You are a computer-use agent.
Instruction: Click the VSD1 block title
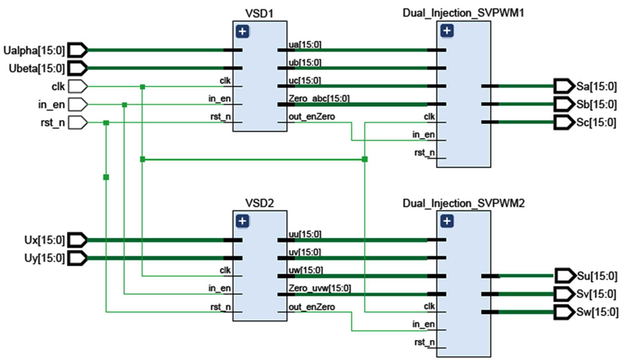(x=259, y=13)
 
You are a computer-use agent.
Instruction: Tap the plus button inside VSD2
(x=242, y=221)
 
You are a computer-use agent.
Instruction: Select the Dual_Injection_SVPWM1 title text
(x=463, y=13)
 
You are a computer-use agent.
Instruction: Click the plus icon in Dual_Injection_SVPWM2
(x=447, y=221)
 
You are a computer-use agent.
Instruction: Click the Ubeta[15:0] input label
(x=37, y=68)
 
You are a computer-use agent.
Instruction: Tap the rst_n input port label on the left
(x=52, y=123)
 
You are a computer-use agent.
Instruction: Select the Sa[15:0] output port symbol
(x=564, y=86)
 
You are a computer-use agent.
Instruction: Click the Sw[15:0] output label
(x=597, y=312)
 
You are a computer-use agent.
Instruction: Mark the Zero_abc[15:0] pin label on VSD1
(x=319, y=99)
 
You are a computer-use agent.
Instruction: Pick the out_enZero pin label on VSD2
(x=312, y=307)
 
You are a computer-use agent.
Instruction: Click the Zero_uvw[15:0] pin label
(x=319, y=288)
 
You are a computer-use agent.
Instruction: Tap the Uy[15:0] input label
(x=44, y=258)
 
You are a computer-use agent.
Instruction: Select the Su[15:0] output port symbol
(x=565, y=276)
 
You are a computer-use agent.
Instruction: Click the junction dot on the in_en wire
(x=124, y=105)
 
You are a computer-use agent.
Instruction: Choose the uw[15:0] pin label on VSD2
(x=305, y=270)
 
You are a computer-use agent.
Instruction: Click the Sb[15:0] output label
(x=597, y=104)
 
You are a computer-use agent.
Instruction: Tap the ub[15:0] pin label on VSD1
(x=305, y=63)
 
